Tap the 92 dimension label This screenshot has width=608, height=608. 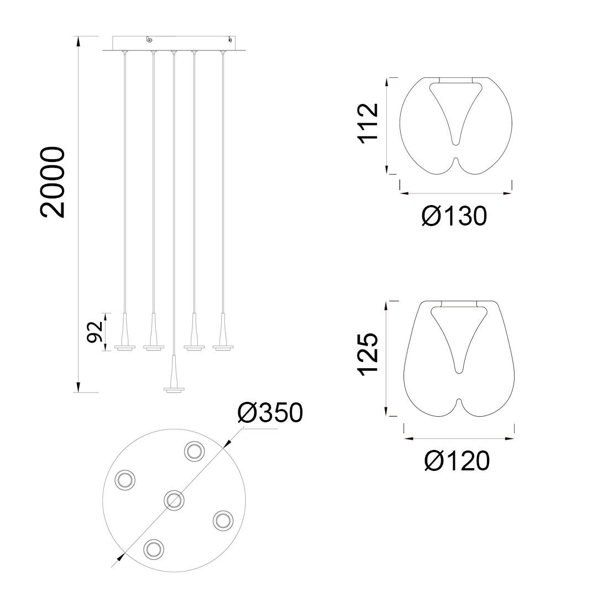94,332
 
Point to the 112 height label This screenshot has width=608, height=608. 368,123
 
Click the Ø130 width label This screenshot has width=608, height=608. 454,216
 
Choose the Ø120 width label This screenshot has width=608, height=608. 457,460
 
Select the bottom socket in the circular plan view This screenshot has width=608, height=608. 154,549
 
